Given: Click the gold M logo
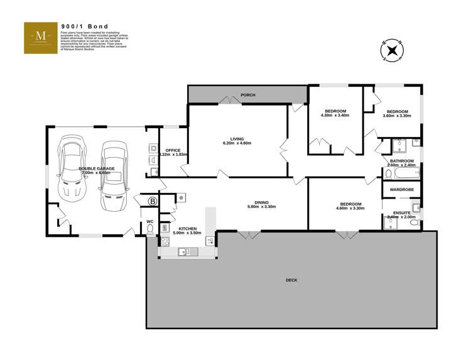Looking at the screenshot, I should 40,37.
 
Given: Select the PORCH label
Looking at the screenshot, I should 248,95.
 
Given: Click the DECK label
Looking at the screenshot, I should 291,280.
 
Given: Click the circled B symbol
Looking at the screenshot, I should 151,202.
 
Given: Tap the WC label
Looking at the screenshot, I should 149,221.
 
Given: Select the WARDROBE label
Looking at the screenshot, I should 401,189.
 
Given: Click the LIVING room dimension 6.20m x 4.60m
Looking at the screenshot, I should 237,143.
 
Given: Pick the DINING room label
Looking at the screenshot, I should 262,202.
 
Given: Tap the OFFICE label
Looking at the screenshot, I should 173,150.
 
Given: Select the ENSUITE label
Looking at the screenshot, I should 402,212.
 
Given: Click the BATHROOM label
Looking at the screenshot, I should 402,161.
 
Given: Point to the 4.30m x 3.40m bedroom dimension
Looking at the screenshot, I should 333,116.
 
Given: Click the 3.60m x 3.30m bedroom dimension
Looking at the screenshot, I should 397,116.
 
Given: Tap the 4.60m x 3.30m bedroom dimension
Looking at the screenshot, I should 350,208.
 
